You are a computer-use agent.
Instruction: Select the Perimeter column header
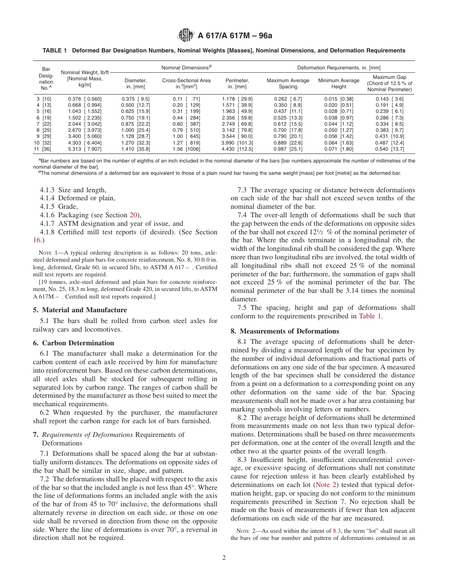[237, 84]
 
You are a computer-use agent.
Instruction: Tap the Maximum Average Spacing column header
[288, 84]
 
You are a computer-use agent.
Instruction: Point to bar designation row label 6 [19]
[44, 117]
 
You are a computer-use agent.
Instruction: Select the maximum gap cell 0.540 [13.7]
[389, 149]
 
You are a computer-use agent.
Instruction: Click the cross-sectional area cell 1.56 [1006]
[186, 149]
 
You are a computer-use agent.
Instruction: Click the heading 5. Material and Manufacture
[84, 310]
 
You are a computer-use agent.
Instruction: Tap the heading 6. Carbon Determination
[78, 343]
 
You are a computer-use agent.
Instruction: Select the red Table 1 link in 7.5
[371, 316]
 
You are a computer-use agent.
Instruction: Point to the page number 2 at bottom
[224, 557]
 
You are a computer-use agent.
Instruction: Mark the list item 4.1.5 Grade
[59, 206]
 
